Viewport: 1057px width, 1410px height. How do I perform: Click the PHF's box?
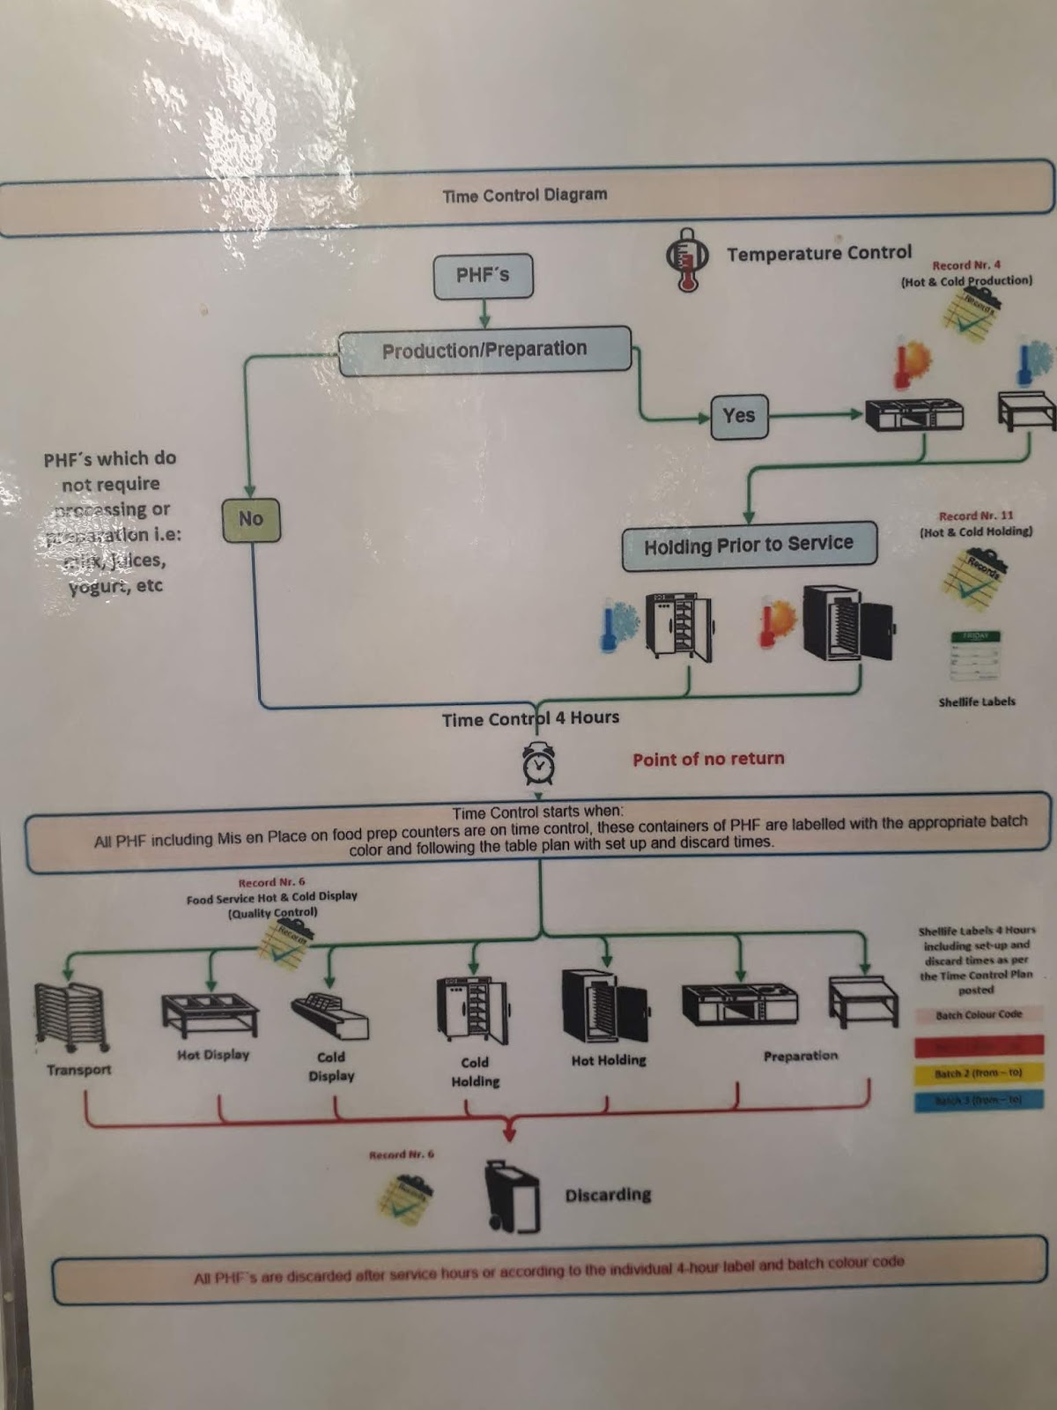coord(483,276)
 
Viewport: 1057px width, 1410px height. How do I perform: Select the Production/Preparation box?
coord(484,350)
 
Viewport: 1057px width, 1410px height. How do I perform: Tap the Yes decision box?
coord(739,415)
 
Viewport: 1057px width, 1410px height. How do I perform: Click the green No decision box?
coord(251,519)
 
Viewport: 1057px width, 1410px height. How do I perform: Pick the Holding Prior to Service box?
coord(749,545)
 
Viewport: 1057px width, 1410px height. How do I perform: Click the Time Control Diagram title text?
coord(525,196)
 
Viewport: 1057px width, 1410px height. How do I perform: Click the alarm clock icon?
coord(538,763)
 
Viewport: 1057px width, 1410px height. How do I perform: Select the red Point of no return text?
coord(708,759)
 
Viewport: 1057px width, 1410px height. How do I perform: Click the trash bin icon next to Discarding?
coord(513,1197)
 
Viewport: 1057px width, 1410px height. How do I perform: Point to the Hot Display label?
coord(213,1055)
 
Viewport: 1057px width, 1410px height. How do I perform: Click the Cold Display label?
coord(331,1066)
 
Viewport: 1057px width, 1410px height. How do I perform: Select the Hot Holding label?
coord(609,1060)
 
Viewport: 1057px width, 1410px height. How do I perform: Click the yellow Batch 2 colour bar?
coord(979,1073)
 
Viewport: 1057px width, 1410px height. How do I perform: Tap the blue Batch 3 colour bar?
coord(979,1100)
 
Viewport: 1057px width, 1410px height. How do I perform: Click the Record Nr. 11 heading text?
coord(976,516)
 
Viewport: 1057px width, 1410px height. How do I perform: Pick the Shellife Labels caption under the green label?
coord(977,701)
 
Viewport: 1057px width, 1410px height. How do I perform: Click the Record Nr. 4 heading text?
coord(966,264)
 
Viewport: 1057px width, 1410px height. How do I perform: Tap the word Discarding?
coord(608,1195)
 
